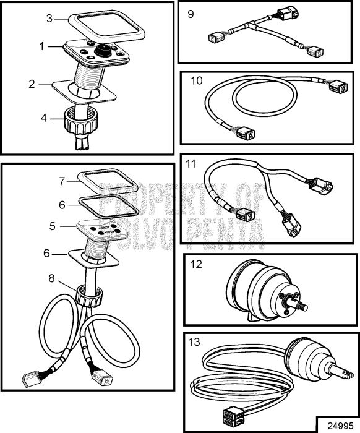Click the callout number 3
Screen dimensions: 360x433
[x=49, y=19]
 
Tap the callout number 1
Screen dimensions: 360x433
[x=41, y=46]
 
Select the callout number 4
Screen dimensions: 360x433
[x=44, y=118]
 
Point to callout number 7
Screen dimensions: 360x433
[x=62, y=181]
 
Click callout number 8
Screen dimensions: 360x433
[x=51, y=278]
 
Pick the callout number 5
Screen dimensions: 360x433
[x=53, y=226]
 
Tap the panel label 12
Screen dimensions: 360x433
[x=196, y=264]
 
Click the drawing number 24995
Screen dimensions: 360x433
[x=341, y=426]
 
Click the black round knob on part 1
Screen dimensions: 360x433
[x=103, y=51]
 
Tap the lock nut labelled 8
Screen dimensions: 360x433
[x=89, y=295]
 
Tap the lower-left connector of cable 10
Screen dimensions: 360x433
[x=246, y=133]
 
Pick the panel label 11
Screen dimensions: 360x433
[x=191, y=164]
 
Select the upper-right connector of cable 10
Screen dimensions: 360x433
[x=338, y=86]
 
